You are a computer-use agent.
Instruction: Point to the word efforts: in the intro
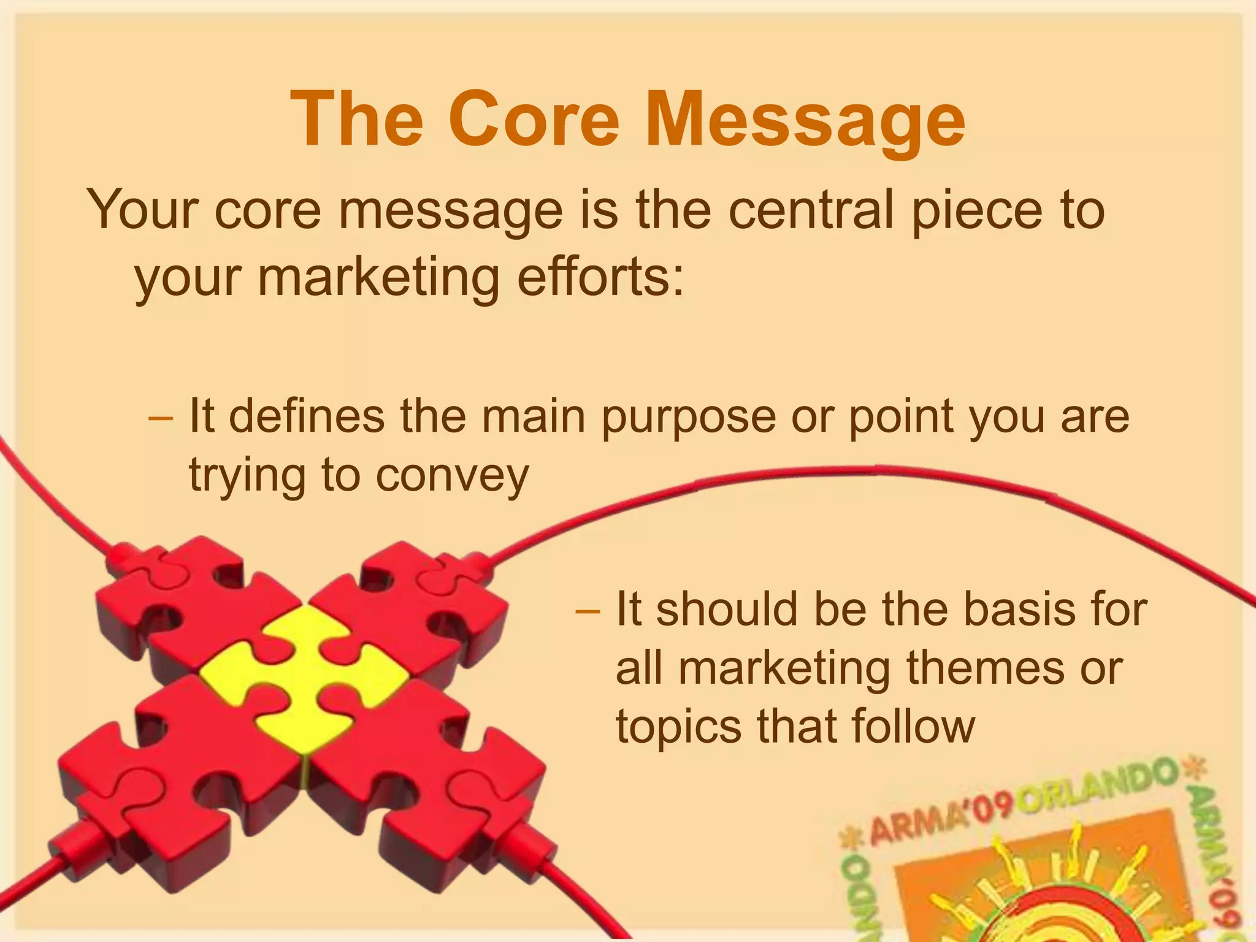tap(600, 277)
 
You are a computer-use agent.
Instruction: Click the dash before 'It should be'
tap(588, 610)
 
